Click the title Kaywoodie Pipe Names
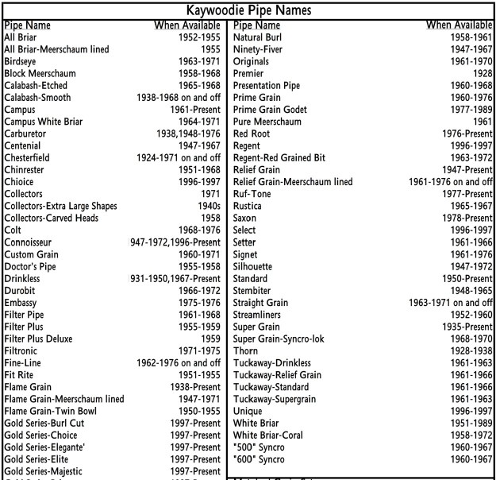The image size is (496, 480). pos(248,10)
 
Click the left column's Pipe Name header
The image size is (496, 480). pos(27,25)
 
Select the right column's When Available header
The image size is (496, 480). pos(459,25)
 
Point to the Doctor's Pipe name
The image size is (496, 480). pos(33,266)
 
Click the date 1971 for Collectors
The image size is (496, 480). pos(210,194)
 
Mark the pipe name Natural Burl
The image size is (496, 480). pos(259,37)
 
